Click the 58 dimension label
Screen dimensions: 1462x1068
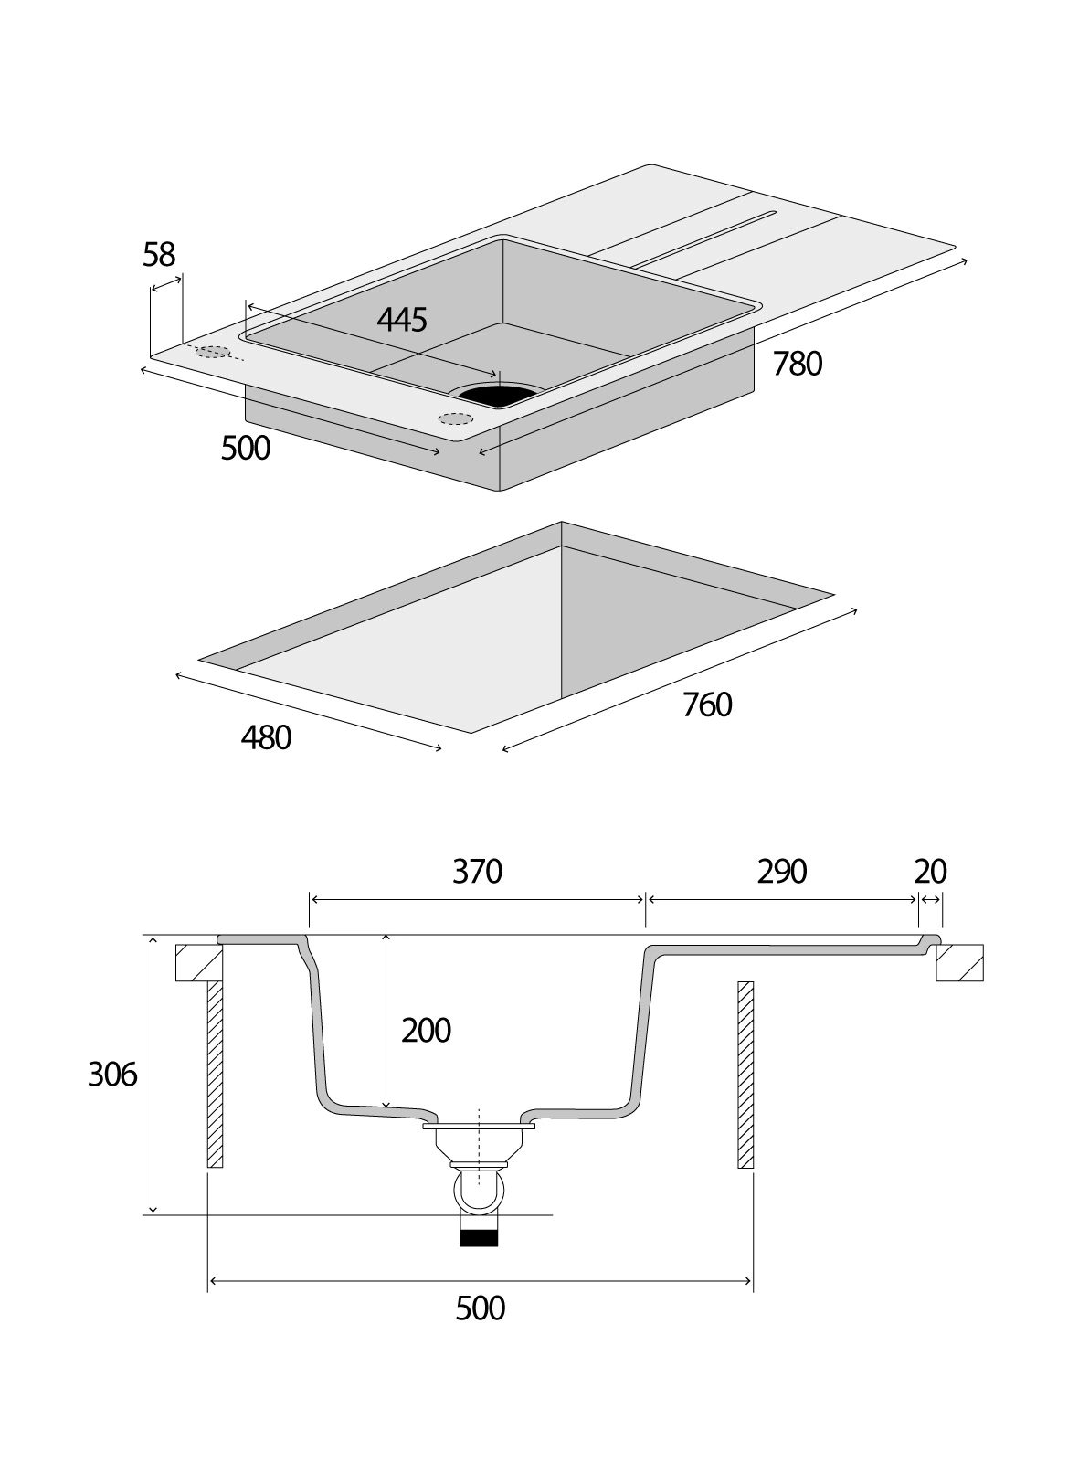[159, 255]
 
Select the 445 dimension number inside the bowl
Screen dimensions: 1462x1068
[402, 319]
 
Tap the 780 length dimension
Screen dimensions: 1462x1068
[798, 364]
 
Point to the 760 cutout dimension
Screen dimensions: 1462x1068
[707, 705]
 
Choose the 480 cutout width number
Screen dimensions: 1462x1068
[266, 737]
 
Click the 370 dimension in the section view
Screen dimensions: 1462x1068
[478, 872]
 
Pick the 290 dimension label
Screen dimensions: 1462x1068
[782, 872]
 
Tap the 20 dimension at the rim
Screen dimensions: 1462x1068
[930, 872]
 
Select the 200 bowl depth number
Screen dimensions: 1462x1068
[427, 1031]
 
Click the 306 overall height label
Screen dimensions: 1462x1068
[112, 1075]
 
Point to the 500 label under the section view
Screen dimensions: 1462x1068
[480, 1308]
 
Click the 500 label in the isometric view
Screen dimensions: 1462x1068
[246, 449]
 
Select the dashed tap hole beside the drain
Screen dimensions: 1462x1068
[456, 419]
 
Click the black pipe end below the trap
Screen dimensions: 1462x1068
[480, 1238]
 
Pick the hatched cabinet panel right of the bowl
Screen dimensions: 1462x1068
[745, 1074]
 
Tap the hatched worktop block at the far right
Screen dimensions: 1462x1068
[959, 963]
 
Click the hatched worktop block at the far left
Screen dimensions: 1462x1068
[198, 963]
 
